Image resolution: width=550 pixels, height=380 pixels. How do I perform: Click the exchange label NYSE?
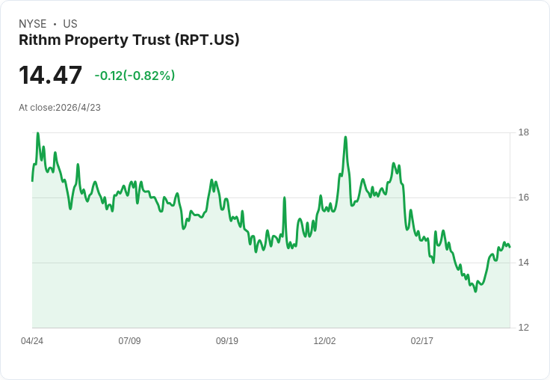33,24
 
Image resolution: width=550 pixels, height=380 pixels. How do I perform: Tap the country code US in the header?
70,24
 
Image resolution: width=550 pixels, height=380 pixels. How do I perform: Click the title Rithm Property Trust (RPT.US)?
129,40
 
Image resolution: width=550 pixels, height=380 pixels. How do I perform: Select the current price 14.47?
50,75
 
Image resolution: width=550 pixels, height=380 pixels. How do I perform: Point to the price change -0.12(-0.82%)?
135,76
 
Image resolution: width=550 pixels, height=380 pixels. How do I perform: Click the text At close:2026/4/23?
60,107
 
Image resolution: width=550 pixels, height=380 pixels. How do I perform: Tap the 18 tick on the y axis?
524,132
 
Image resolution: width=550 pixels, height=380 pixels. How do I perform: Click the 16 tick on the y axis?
524,197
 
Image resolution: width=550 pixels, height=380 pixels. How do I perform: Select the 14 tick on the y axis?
524,263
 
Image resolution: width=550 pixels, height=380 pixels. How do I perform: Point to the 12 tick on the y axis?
524,328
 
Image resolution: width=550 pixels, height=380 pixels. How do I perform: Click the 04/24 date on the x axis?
32,341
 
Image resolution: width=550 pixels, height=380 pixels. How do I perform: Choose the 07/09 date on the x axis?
129,341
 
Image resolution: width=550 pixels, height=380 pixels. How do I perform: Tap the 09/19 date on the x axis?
227,341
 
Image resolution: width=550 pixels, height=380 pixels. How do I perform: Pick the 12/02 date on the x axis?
324,341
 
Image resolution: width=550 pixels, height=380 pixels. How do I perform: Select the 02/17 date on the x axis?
422,341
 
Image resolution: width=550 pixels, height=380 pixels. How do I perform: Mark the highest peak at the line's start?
37,133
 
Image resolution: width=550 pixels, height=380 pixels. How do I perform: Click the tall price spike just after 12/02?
345,137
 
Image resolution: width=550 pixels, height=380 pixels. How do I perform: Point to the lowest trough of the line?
475,291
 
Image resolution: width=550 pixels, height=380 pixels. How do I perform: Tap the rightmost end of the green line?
510,247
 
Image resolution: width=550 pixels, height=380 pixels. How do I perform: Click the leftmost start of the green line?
32,180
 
